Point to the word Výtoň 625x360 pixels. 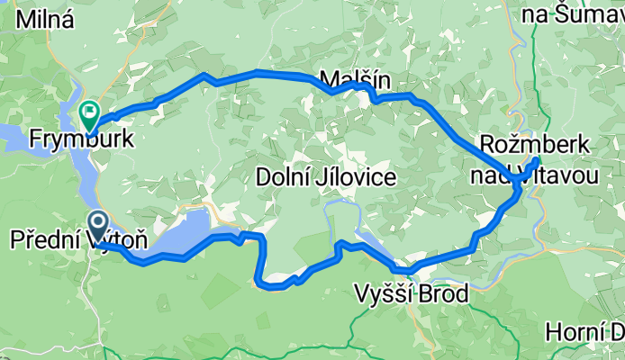pyautogui.click(x=117, y=241)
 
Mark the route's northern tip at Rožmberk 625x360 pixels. pyautogui.click(x=537, y=160)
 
